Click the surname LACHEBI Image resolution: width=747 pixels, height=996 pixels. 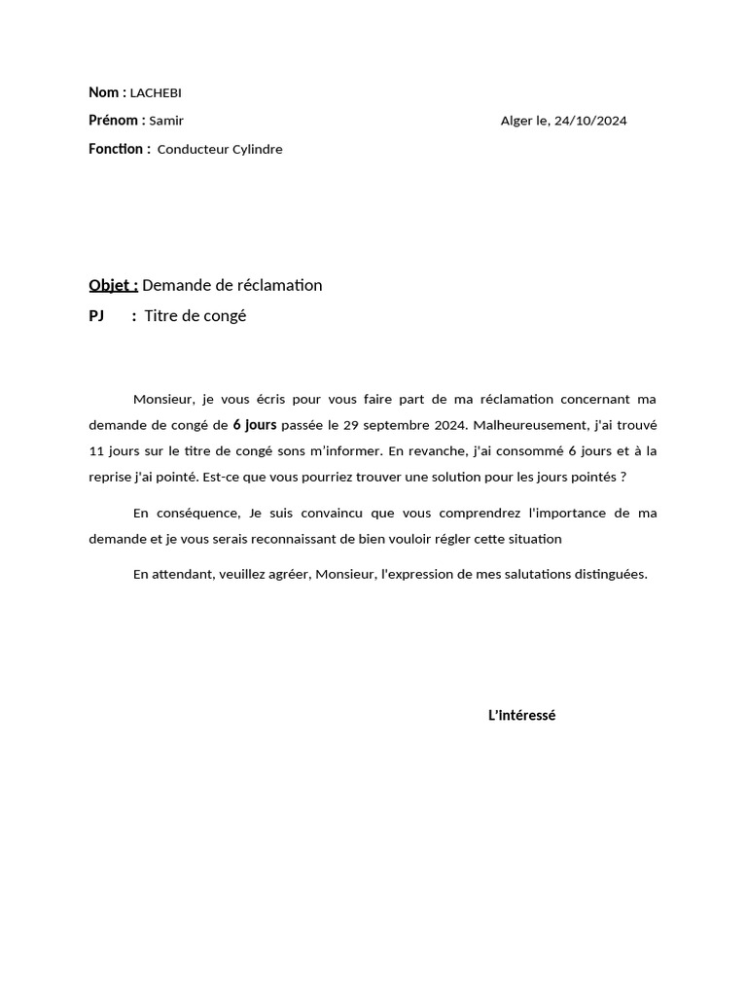coord(156,93)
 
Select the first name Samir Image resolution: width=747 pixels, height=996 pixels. coord(166,122)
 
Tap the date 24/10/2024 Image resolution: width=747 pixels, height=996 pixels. coord(590,122)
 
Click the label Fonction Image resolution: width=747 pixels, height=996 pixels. coord(118,149)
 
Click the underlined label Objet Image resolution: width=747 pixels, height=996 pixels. coord(112,285)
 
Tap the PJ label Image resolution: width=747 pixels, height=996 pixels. coord(96,316)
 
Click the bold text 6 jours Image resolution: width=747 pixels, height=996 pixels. coord(255,424)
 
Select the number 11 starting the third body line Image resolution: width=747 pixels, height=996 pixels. coord(96,450)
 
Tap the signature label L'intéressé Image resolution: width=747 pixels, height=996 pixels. coord(521,716)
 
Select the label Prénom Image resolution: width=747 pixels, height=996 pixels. coord(115,121)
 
